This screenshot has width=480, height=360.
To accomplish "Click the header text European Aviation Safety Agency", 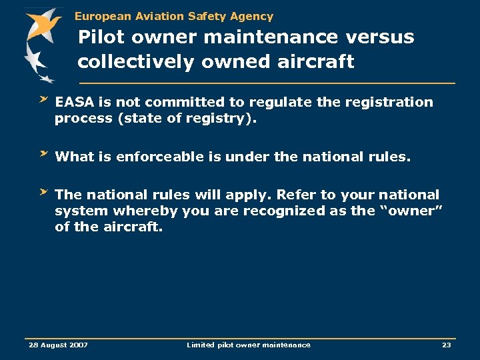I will coord(173,16).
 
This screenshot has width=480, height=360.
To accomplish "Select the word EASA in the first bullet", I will coord(75,102).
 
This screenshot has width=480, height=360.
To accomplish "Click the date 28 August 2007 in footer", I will coord(58,345).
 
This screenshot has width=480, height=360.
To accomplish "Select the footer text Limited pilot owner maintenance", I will coord(248,345).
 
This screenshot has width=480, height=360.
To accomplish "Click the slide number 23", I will coord(446,345).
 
